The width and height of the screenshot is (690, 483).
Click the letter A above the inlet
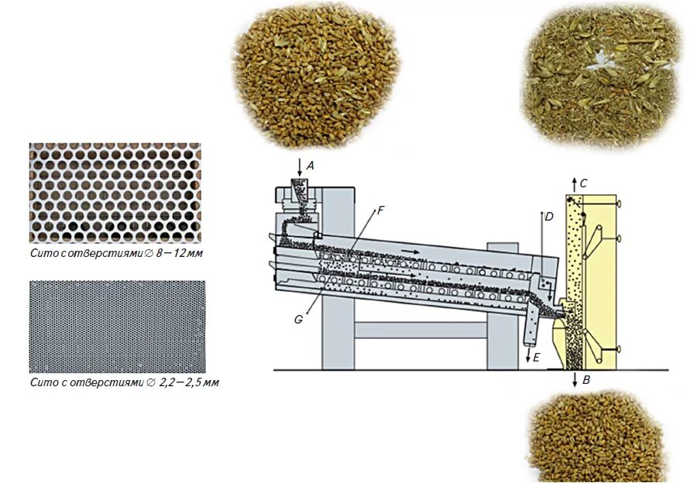[x=311, y=165]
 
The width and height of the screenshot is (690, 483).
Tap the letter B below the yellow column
[x=587, y=381]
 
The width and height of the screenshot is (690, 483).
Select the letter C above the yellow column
[x=583, y=183]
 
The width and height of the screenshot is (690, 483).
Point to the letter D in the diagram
[x=548, y=217]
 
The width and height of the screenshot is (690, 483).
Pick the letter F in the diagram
[x=379, y=211]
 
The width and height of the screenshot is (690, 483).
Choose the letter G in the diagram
[x=298, y=319]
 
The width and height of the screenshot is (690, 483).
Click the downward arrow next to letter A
[x=299, y=166]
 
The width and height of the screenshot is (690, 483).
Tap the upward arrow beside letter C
[x=573, y=183]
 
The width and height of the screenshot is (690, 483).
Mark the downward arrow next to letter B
[x=575, y=379]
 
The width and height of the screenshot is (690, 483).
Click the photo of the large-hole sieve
[x=115, y=193]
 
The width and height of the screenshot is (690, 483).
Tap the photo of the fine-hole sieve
[x=115, y=325]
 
